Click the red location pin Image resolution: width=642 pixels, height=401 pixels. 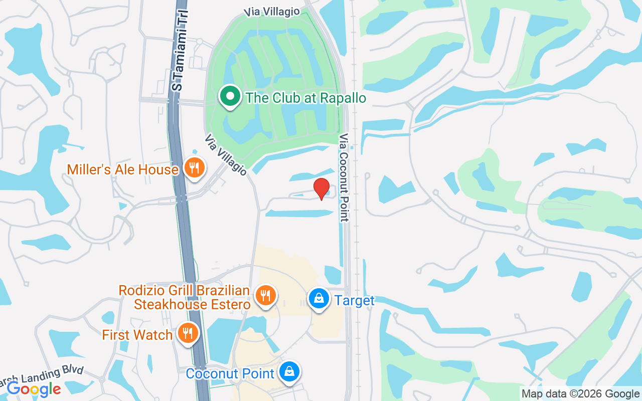[x=322, y=188]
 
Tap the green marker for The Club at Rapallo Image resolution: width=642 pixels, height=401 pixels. [x=230, y=96]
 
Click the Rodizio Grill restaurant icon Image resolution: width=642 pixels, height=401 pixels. [x=265, y=295]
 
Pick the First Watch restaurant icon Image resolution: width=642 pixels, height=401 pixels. [x=188, y=333]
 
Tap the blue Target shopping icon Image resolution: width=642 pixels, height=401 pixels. [x=318, y=299]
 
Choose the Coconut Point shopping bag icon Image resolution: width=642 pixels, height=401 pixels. [x=289, y=371]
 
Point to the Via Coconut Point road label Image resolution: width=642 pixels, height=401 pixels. [x=344, y=177]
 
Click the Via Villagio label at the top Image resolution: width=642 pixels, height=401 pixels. [x=272, y=12]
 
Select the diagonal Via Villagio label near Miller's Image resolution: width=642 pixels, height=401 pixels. [x=226, y=155]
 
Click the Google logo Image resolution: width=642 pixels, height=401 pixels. [x=34, y=388]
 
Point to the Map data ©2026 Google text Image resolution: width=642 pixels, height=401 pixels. [x=580, y=394]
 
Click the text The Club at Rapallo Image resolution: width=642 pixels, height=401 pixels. [x=306, y=97]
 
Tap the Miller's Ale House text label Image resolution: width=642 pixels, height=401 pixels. [x=123, y=169]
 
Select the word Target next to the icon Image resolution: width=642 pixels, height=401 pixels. [x=355, y=301]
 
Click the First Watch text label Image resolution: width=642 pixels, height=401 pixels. [x=137, y=335]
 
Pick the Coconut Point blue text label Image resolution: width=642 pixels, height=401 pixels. [x=230, y=373]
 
